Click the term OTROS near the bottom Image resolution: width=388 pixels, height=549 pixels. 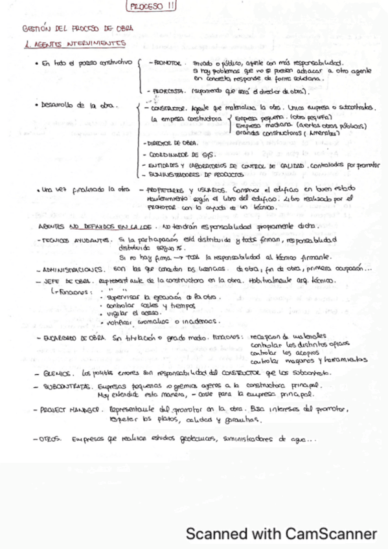click(49, 439)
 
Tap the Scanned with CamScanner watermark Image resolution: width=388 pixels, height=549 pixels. click(281, 534)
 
